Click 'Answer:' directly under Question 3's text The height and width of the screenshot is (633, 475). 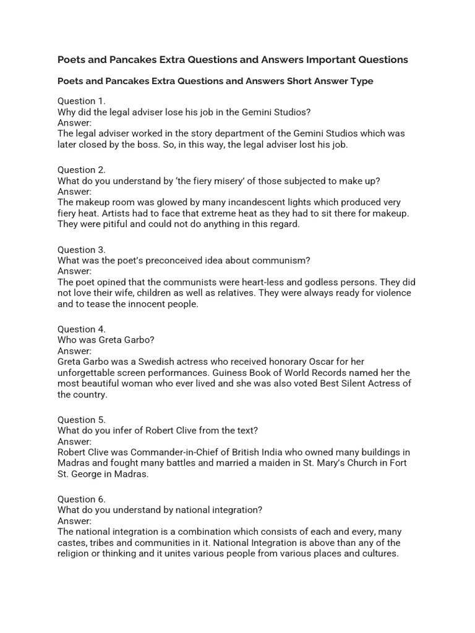pyautogui.click(x=74, y=271)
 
